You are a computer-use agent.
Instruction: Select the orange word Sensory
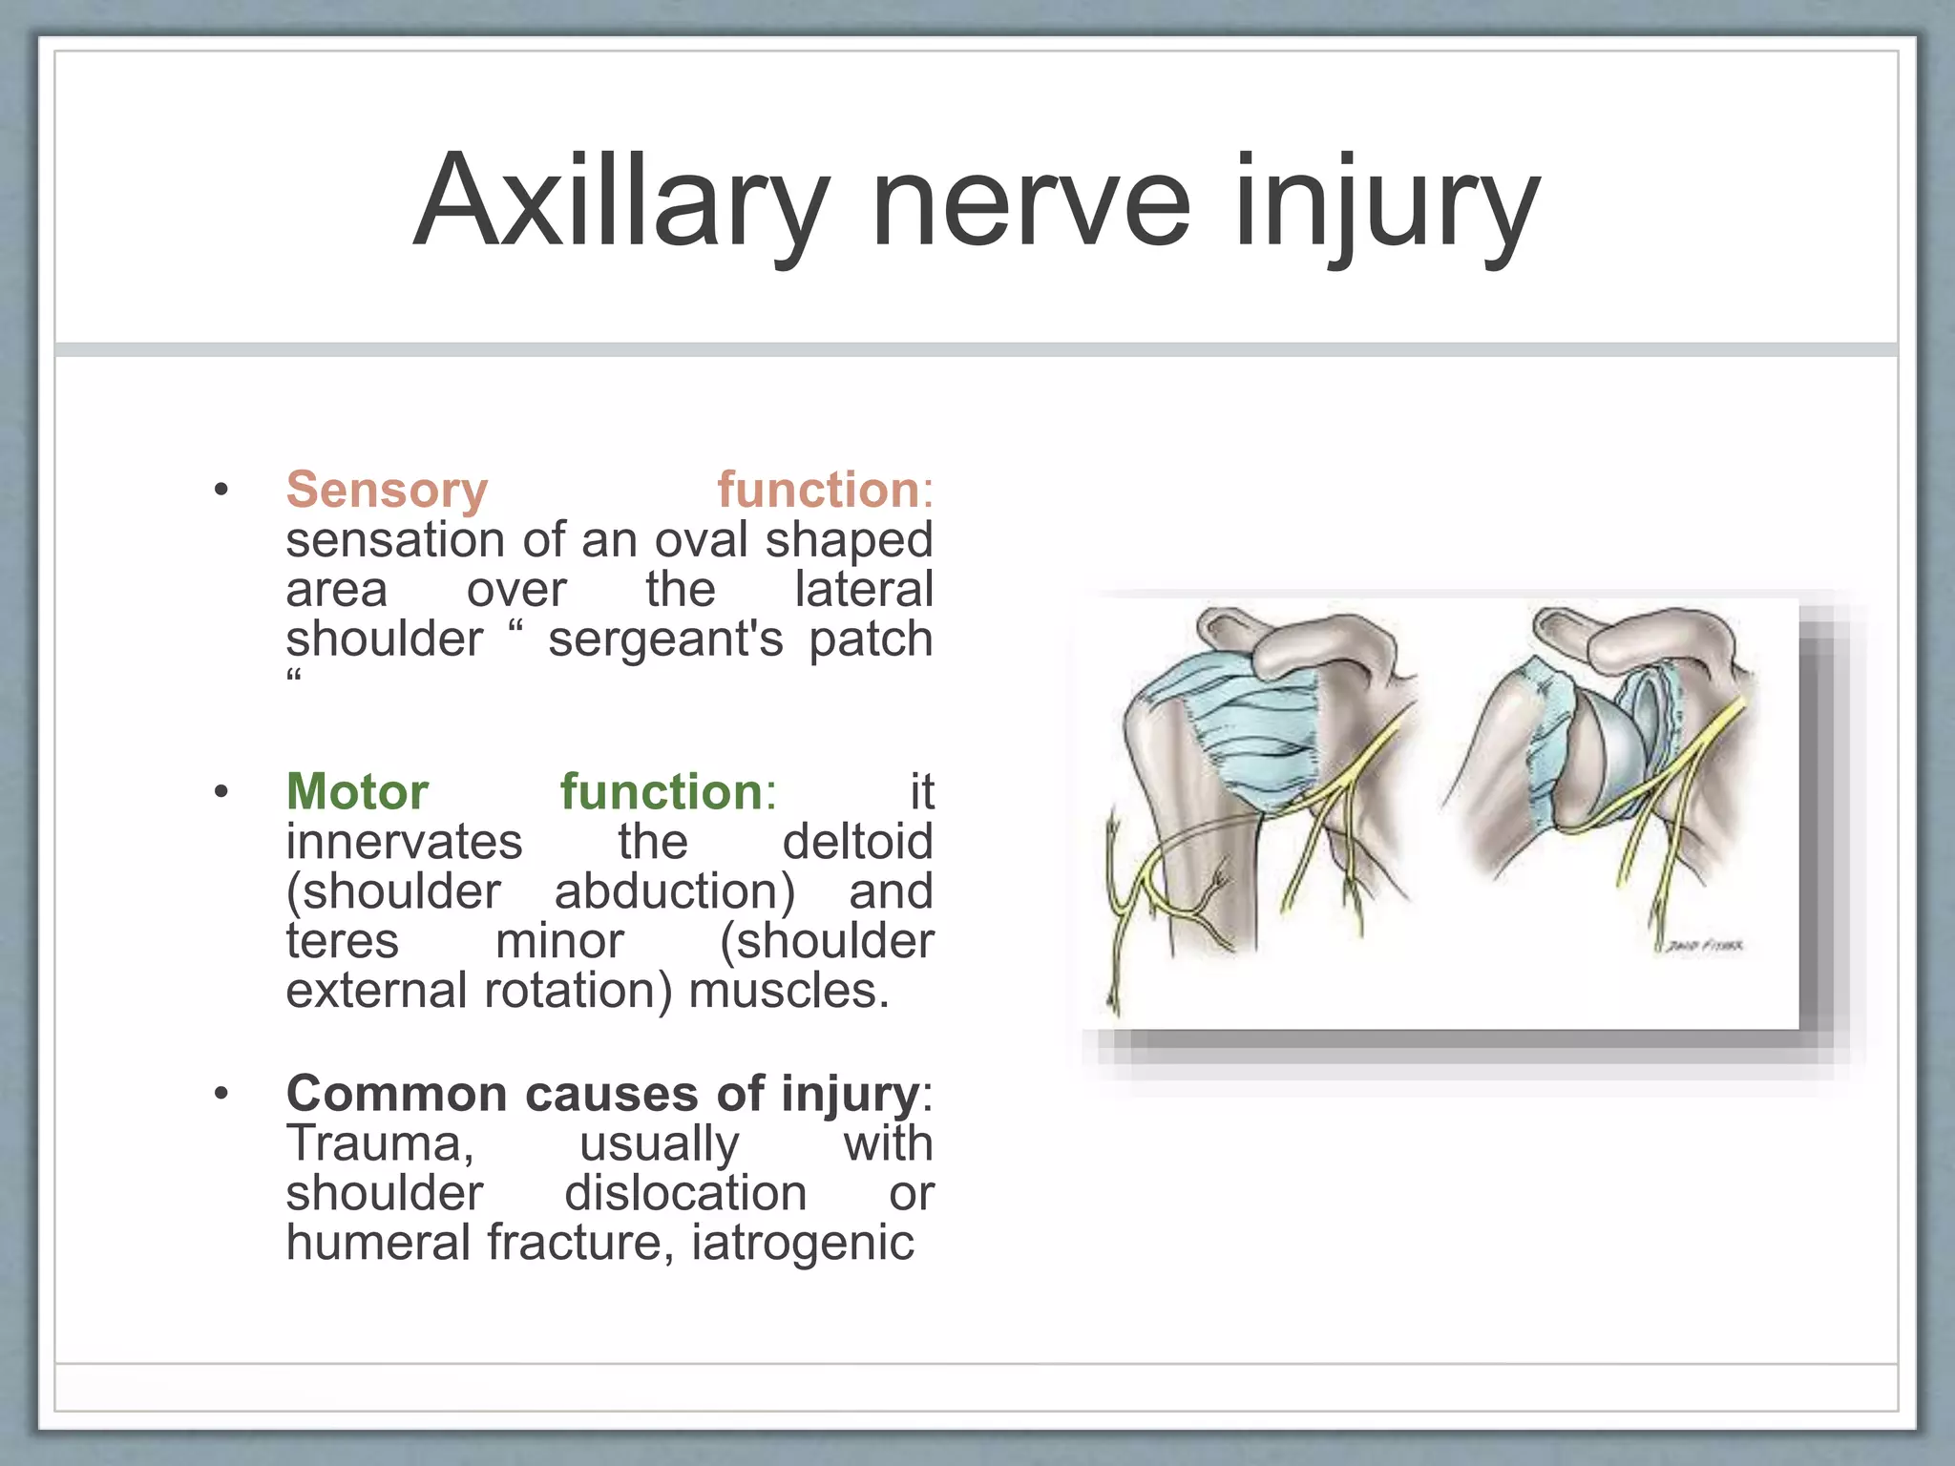(x=387, y=490)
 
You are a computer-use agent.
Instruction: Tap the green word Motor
(x=357, y=791)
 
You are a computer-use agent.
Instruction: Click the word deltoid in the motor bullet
(x=857, y=842)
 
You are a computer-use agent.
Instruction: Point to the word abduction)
(x=674, y=891)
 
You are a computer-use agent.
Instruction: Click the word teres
(x=342, y=941)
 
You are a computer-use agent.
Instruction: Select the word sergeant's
(x=665, y=639)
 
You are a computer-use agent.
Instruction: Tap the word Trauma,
(x=380, y=1143)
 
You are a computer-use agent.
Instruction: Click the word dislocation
(x=685, y=1193)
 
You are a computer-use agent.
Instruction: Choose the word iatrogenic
(x=802, y=1243)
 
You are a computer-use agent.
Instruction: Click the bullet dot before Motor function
(x=221, y=792)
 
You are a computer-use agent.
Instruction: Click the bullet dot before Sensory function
(x=221, y=491)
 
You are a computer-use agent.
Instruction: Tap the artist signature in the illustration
(x=1705, y=946)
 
